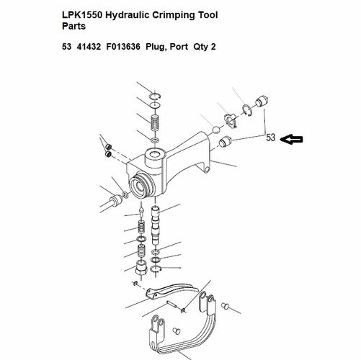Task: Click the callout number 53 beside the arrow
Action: click(270, 138)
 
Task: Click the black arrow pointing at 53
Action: click(292, 140)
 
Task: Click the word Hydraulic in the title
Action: click(128, 15)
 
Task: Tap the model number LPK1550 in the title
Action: click(82, 15)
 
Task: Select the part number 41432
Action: click(89, 46)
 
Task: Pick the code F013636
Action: click(123, 46)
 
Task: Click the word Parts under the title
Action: click(73, 26)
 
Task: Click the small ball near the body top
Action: click(216, 130)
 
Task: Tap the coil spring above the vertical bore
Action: click(155, 122)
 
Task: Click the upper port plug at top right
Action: click(262, 102)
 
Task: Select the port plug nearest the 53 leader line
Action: click(225, 142)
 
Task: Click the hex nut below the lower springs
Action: click(141, 268)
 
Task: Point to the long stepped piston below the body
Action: click(156, 225)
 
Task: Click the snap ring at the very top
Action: click(155, 96)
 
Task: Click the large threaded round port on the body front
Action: click(141, 185)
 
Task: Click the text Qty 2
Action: click(205, 46)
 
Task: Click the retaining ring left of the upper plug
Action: click(246, 111)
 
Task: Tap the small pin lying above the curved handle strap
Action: click(172, 305)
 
